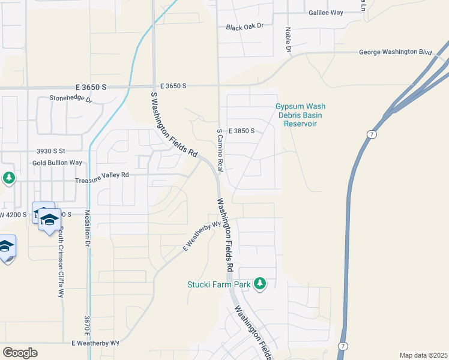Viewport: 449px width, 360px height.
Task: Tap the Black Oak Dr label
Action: [245, 28]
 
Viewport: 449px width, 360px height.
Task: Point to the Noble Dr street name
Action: [288, 40]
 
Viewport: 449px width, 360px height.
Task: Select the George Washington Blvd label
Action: [396, 52]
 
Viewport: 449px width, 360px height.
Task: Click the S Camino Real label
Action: [220, 149]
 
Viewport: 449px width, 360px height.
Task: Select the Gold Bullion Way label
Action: [57, 163]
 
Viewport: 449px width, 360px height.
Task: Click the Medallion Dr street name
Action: [87, 229]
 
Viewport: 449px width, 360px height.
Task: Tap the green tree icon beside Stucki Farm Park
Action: [260, 283]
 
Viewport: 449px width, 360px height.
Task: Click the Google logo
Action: [20, 353]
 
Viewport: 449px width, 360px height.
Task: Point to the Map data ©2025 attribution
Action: [423, 355]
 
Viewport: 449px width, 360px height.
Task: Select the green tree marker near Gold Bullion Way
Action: [8, 178]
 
